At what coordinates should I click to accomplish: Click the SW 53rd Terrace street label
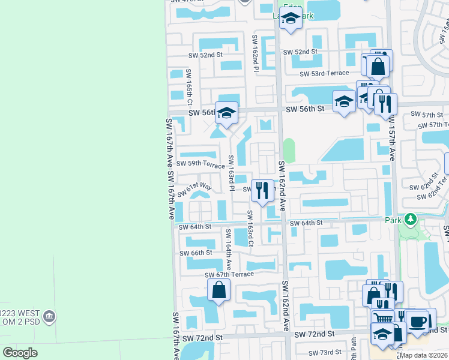(x=324, y=73)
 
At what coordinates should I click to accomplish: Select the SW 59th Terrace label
(x=200, y=163)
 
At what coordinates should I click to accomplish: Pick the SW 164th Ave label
(x=228, y=247)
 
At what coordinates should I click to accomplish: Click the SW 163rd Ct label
(x=250, y=227)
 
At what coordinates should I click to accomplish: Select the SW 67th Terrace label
(x=229, y=275)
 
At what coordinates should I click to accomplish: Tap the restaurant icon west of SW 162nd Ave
(x=262, y=190)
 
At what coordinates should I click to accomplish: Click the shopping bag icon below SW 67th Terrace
(x=218, y=290)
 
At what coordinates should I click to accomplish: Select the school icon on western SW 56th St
(x=226, y=113)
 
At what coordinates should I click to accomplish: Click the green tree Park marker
(x=411, y=220)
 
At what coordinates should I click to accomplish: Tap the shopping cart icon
(x=382, y=318)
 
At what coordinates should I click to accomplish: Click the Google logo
(x=20, y=353)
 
